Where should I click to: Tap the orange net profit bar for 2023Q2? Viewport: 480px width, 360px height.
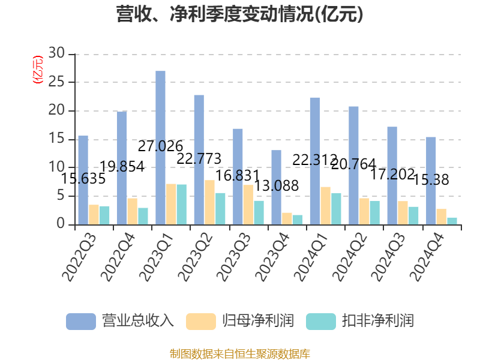[209, 202]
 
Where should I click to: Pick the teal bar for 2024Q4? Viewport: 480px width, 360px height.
[452, 221]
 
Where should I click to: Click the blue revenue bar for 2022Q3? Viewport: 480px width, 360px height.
[83, 180]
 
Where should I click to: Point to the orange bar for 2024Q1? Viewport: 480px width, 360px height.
[325, 206]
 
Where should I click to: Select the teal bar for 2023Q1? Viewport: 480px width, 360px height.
[181, 205]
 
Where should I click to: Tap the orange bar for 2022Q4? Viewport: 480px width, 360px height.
[132, 211]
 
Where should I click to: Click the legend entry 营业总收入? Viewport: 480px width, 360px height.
[120, 321]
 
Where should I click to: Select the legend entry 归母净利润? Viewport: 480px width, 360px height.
[240, 321]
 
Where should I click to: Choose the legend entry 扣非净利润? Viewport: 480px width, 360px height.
[360, 321]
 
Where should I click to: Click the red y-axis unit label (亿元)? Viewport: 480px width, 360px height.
[38, 69]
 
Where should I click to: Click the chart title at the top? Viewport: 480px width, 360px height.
[240, 14]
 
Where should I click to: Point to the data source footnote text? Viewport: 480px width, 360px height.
[240, 353]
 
